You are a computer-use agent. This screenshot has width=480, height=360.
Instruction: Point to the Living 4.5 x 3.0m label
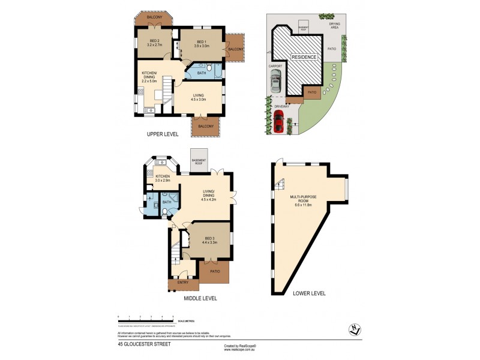pos(197,97)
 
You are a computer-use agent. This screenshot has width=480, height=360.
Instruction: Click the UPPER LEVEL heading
pos(163,135)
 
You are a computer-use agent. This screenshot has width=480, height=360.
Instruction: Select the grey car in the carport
pos(275,80)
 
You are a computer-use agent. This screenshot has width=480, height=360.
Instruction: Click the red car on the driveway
pos(278,122)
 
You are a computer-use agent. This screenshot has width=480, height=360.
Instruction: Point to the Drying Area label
pos(334,26)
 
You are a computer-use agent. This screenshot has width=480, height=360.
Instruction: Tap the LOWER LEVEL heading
pos(308,293)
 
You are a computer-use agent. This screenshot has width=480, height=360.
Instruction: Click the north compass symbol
pos(356,329)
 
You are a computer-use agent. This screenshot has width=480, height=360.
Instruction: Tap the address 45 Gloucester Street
pos(144,344)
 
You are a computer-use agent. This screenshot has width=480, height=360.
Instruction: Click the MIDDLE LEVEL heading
pos(200,298)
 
